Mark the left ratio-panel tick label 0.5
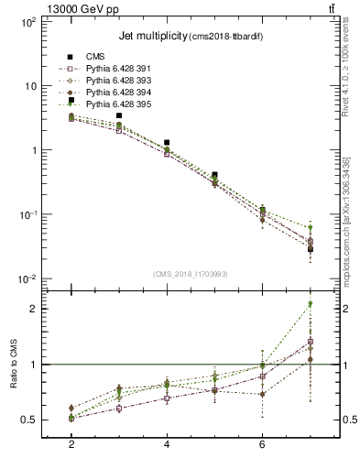(x=29, y=420)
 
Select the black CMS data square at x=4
(x=167, y=143)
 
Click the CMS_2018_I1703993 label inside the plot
(x=191, y=274)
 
